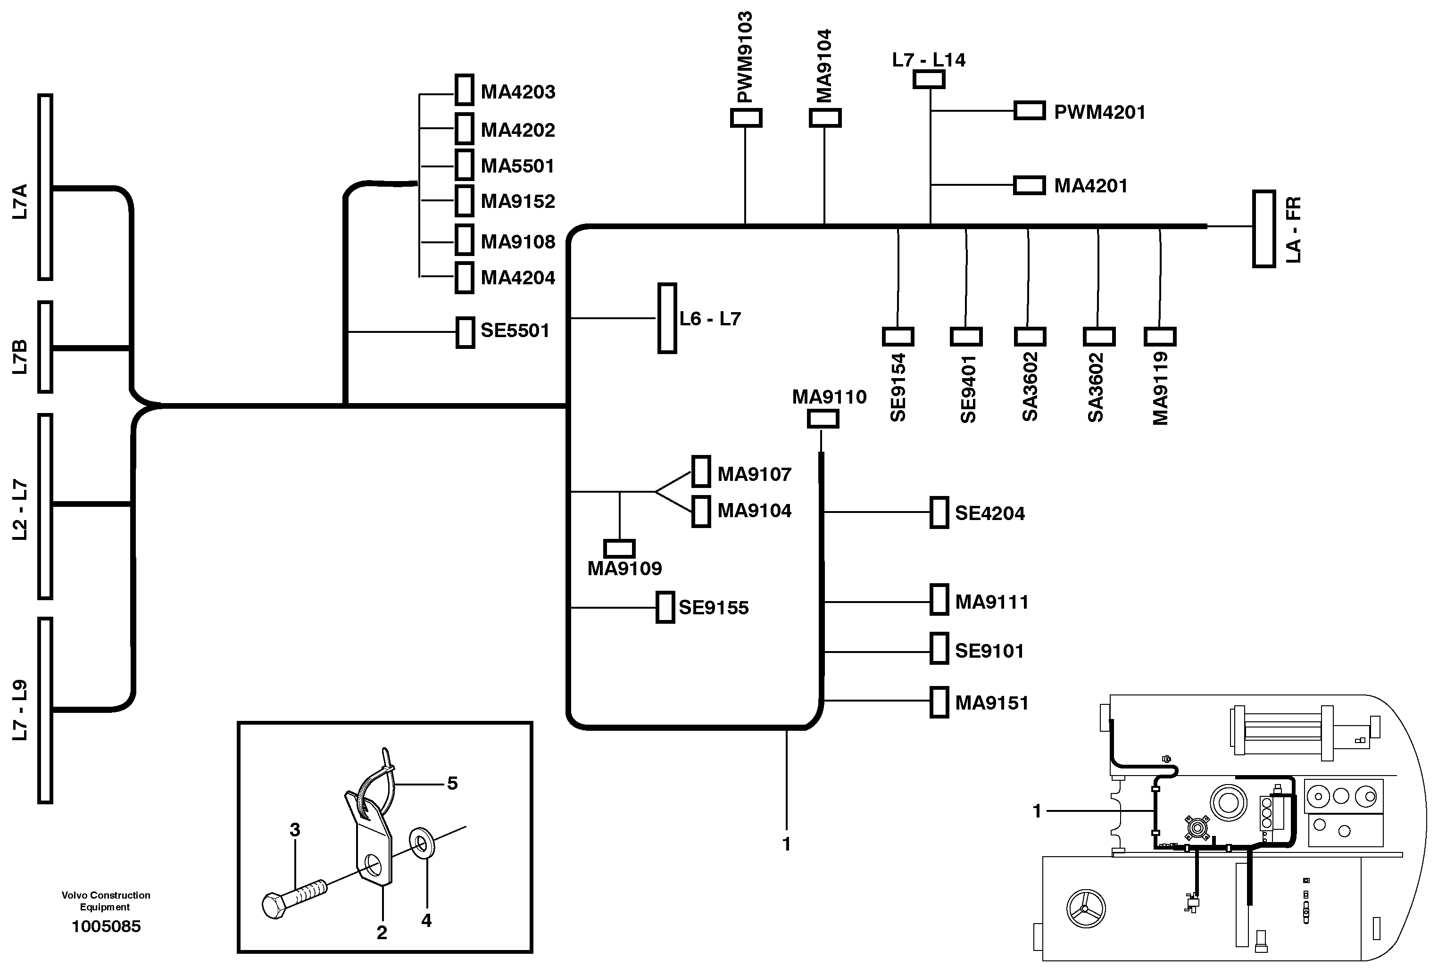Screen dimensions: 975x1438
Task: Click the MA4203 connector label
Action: coord(518,92)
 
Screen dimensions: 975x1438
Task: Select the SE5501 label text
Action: coord(515,331)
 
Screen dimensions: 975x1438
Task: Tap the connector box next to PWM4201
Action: coord(1029,111)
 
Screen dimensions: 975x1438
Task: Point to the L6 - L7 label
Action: coord(710,319)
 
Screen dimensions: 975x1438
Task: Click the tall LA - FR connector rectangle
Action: coord(1263,229)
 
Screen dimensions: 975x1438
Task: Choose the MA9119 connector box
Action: coord(1160,337)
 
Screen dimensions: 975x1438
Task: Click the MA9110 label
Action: coord(829,397)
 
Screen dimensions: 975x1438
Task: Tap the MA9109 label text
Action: coord(624,568)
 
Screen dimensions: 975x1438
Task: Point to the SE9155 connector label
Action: coord(714,608)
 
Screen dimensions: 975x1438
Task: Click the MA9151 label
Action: coord(992,703)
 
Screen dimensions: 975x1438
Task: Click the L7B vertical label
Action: coord(20,357)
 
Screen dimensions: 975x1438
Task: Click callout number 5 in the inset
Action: coord(452,783)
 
